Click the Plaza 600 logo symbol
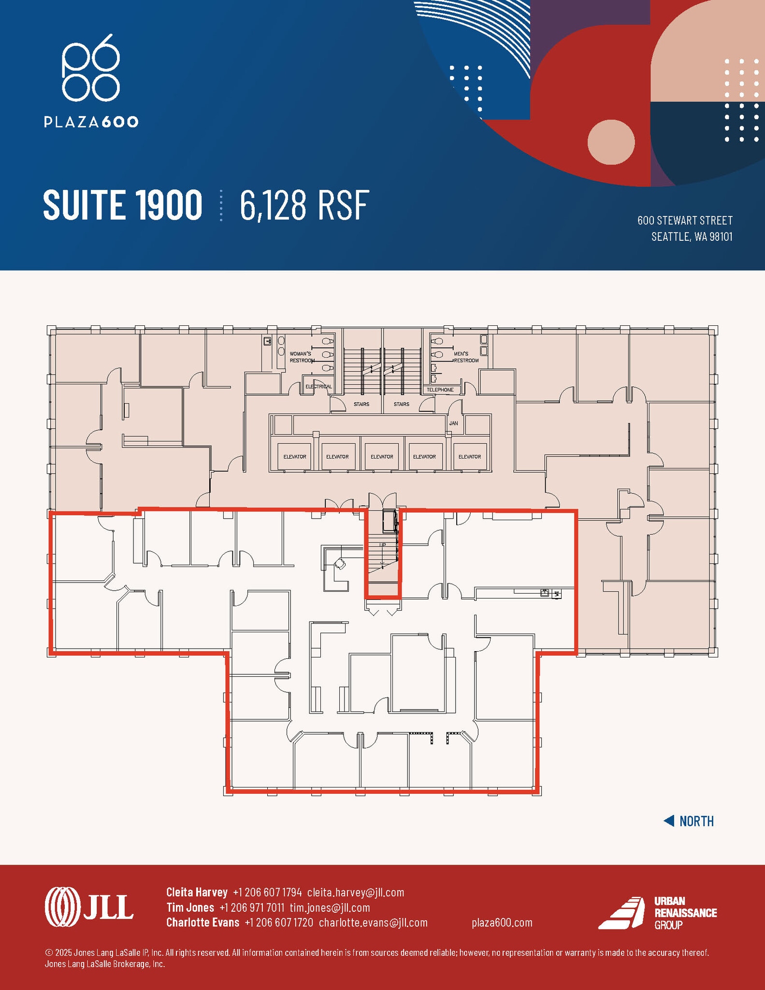pyautogui.click(x=90, y=67)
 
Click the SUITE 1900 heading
pyautogui.click(x=123, y=205)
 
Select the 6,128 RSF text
pyautogui.click(x=304, y=205)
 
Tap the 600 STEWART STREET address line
pyautogui.click(x=684, y=220)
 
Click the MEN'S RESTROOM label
pyautogui.click(x=466, y=357)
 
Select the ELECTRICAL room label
pyautogui.click(x=318, y=387)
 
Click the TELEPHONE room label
pyautogui.click(x=440, y=390)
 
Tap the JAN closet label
pyautogui.click(x=453, y=423)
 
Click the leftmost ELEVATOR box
pyautogui.click(x=294, y=456)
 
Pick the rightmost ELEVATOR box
pyautogui.click(x=469, y=456)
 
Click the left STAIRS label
pyautogui.click(x=361, y=404)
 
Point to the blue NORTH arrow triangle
pyautogui.click(x=669, y=821)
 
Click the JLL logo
pyautogui.click(x=89, y=907)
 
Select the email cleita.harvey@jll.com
pyautogui.click(x=355, y=892)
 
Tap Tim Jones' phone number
pyautogui.click(x=251, y=908)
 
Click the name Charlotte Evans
pyautogui.click(x=202, y=923)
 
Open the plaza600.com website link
pyautogui.click(x=502, y=923)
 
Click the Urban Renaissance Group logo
pyautogui.click(x=657, y=913)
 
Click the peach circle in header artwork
pyautogui.click(x=610, y=142)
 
